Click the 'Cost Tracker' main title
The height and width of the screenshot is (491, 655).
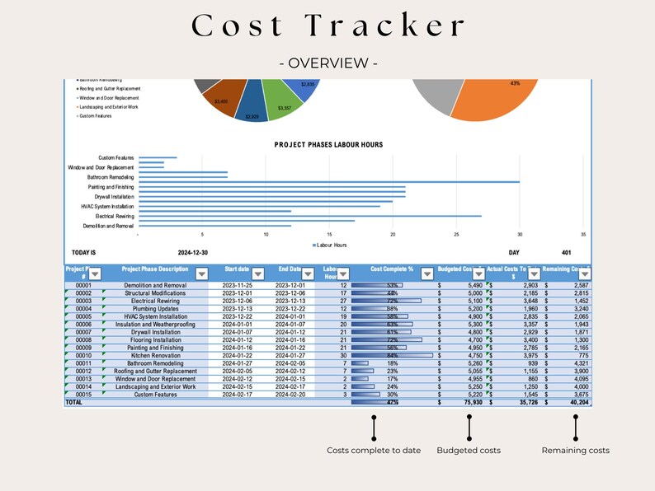click(327, 26)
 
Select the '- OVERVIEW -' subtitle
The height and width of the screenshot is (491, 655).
click(327, 63)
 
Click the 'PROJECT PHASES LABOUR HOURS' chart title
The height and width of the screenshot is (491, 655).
click(328, 144)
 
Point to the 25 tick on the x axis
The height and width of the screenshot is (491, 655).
click(456, 235)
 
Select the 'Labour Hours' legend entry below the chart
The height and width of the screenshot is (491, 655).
click(332, 245)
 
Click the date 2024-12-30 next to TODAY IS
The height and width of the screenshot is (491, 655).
click(193, 254)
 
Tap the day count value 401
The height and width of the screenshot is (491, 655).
click(566, 254)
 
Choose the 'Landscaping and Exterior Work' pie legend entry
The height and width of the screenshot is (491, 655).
click(109, 107)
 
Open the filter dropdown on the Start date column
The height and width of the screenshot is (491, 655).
click(257, 274)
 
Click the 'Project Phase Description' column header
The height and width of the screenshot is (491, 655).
click(155, 269)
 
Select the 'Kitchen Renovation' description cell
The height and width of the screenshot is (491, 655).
click(155, 355)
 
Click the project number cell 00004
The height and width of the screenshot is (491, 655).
click(82, 309)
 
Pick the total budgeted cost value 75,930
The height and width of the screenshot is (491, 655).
click(468, 403)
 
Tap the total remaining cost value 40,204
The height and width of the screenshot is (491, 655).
click(574, 403)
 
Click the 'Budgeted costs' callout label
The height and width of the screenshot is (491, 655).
click(468, 451)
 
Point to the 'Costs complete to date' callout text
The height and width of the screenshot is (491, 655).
click(373, 451)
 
